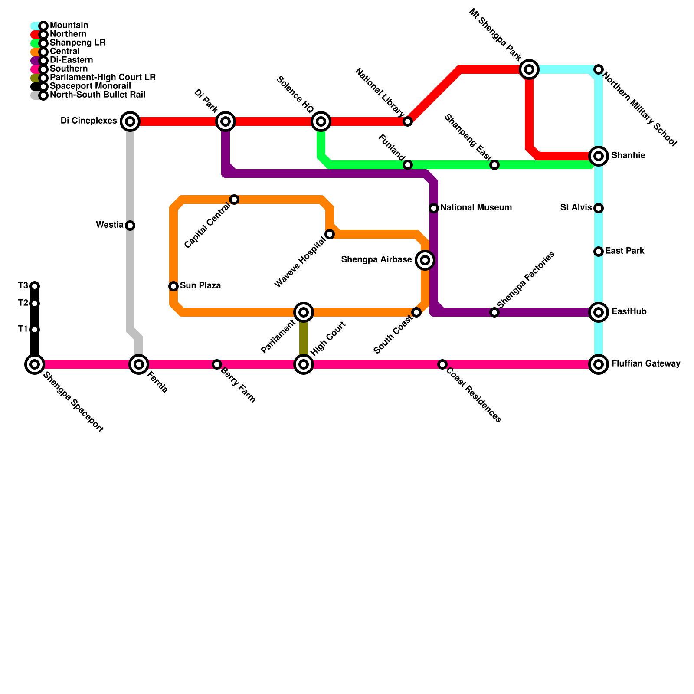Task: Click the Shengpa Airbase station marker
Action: pyautogui.click(x=425, y=260)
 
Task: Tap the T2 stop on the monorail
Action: pyautogui.click(x=35, y=304)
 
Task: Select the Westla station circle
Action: pyautogui.click(x=130, y=226)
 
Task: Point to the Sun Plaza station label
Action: pyautogui.click(x=200, y=286)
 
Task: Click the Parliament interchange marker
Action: pyautogui.click(x=304, y=312)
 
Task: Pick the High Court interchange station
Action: pyautogui.click(x=304, y=364)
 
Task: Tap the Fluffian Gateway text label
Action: pyautogui.click(x=645, y=364)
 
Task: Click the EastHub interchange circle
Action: pyautogui.click(x=599, y=312)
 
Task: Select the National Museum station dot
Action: pyautogui.click(x=434, y=208)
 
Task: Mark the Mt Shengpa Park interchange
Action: pyautogui.click(x=529, y=69)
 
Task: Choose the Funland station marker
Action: pyautogui.click(x=408, y=165)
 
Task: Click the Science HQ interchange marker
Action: pyautogui.click(x=321, y=121)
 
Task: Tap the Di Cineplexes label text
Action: pyautogui.click(x=89, y=121)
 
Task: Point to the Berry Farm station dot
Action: pyautogui.click(x=217, y=364)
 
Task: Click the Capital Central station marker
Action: pyautogui.click(x=234, y=200)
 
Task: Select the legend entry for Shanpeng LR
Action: pyautogui.click(x=78, y=43)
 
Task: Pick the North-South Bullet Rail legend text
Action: pyautogui.click(x=98, y=95)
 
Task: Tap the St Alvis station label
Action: pyautogui.click(x=576, y=208)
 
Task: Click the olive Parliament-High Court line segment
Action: pyautogui.click(x=304, y=338)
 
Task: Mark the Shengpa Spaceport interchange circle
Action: pyautogui.click(x=35, y=364)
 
